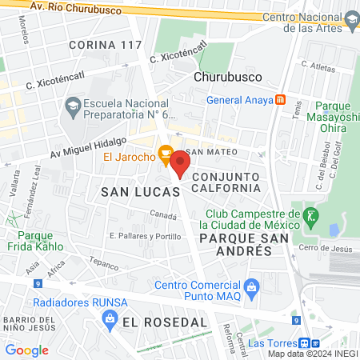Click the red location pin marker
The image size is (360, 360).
(x=180, y=163)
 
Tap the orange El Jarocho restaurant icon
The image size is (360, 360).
(x=166, y=151)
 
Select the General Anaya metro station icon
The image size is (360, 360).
(x=280, y=100)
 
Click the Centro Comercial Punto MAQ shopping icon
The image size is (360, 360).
(x=252, y=286)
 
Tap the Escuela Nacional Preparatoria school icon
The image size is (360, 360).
(x=73, y=105)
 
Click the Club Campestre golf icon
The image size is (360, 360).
(x=310, y=214)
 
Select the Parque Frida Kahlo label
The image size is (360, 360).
(x=46, y=241)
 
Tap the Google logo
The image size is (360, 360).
(x=26, y=350)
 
